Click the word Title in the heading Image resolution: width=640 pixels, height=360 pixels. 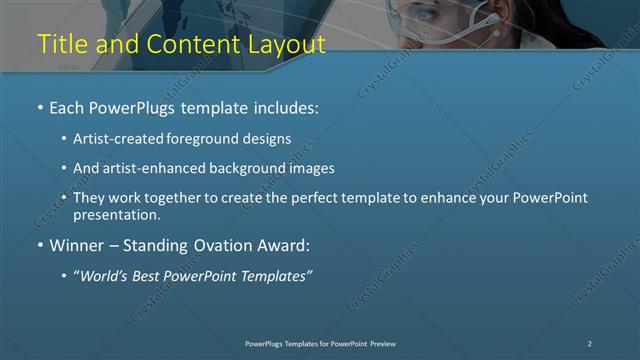(60, 44)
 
